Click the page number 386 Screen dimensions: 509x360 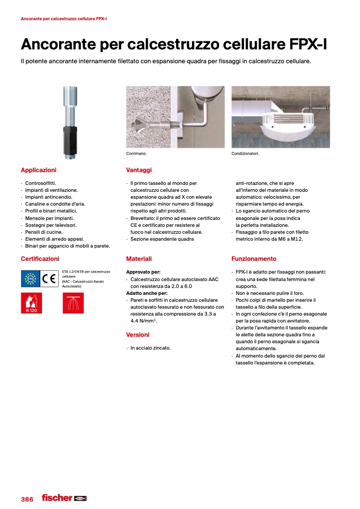point(27,499)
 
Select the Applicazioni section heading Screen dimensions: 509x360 point(38,170)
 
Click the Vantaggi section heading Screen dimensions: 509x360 point(139,170)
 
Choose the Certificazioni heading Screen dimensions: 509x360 point(40,259)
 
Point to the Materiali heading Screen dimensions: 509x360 point(139,259)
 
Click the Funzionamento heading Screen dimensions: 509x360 point(254,259)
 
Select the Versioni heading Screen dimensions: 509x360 point(138,335)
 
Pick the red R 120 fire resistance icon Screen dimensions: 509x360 point(31,303)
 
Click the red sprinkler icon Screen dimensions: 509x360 point(73,303)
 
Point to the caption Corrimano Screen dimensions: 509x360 point(136,154)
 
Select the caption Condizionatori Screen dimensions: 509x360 point(245,154)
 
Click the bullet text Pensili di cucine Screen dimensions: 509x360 point(44,232)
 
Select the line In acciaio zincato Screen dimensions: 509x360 point(150,348)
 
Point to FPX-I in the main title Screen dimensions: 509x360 point(302,45)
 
